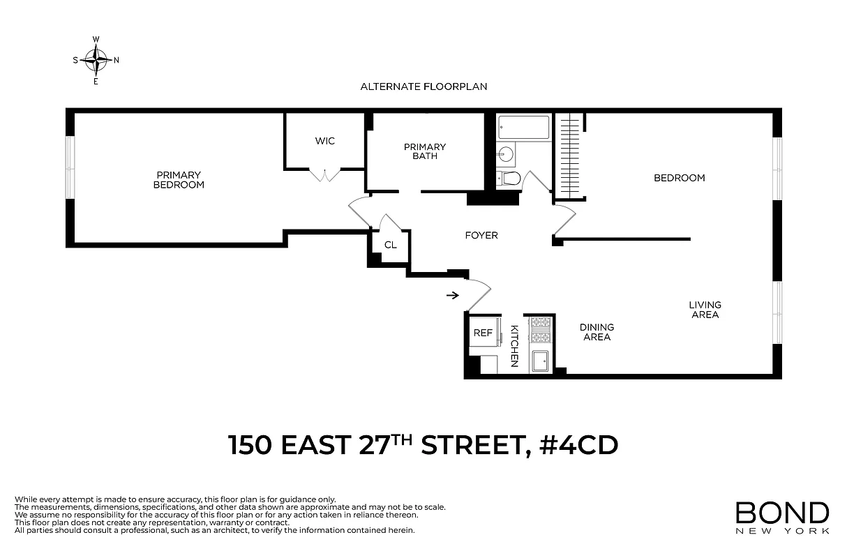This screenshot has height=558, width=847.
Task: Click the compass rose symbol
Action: tap(96, 60)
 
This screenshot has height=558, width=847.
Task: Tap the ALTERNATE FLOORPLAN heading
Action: tap(423, 86)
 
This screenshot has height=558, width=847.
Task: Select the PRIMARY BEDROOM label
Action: tap(179, 180)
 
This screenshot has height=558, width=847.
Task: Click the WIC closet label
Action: tap(325, 141)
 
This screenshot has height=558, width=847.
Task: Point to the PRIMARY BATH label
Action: tap(425, 151)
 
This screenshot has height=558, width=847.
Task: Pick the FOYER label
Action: tap(481, 236)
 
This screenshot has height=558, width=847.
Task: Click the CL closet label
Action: tap(391, 246)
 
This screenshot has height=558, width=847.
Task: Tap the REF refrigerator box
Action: tap(484, 333)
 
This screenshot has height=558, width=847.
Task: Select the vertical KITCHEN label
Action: tap(514, 345)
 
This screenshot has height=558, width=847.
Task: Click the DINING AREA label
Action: tap(597, 332)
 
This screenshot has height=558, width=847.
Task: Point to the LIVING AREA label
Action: tap(705, 310)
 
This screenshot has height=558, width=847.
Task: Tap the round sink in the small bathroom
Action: tap(507, 153)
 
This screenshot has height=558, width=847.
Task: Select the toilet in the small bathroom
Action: tap(509, 179)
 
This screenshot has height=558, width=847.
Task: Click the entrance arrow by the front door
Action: tap(452, 295)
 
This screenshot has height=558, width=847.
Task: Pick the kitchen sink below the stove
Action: tap(540, 361)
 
